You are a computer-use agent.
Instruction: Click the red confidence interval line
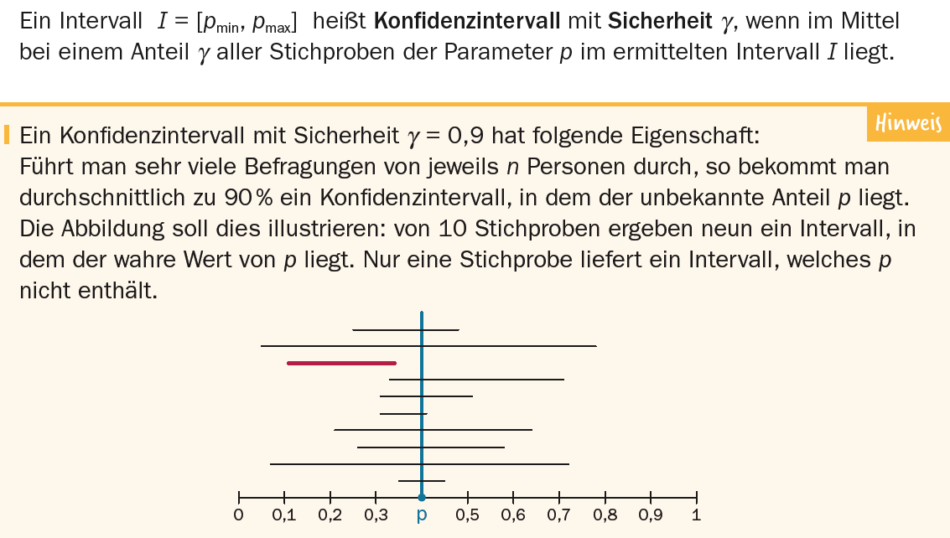point(341,363)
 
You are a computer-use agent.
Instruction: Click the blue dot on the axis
point(422,497)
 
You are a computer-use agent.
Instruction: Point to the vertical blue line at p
point(422,402)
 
